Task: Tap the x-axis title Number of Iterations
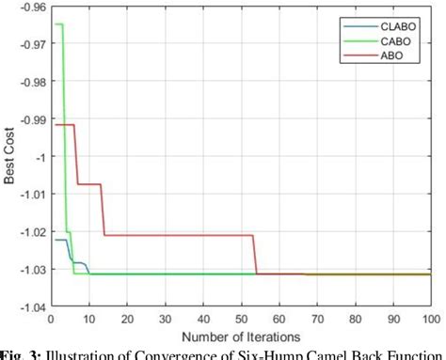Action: tap(240, 334)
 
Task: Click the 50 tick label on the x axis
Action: tap(241, 318)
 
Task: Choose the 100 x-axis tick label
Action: tap(428, 318)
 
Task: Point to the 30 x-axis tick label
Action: tap(166, 318)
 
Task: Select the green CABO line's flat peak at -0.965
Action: tap(58, 24)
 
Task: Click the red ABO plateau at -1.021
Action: tap(179, 235)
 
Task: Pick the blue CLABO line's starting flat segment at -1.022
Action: tap(59, 240)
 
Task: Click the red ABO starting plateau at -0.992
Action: tap(62, 124)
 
